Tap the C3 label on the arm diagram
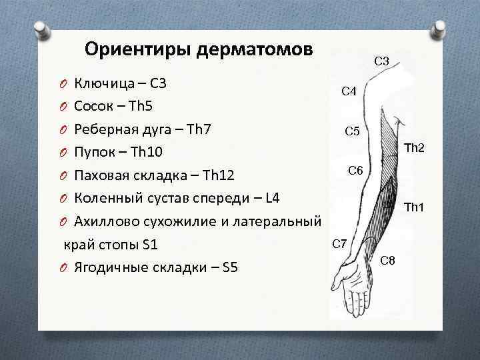point(382,61)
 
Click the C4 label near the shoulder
point(349,91)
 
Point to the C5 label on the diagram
point(353,131)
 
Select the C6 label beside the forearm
point(356,171)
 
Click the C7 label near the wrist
point(339,244)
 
